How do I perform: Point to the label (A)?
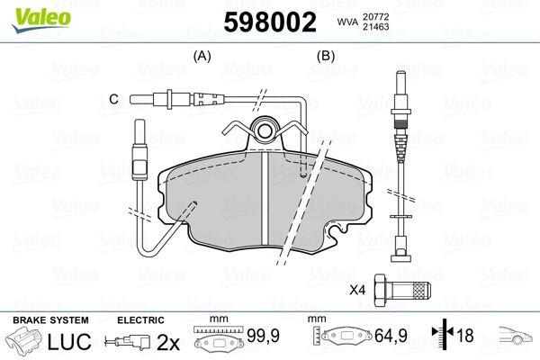(x=202, y=56)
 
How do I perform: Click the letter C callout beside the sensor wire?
(x=113, y=98)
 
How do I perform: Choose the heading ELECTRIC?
(x=140, y=320)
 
